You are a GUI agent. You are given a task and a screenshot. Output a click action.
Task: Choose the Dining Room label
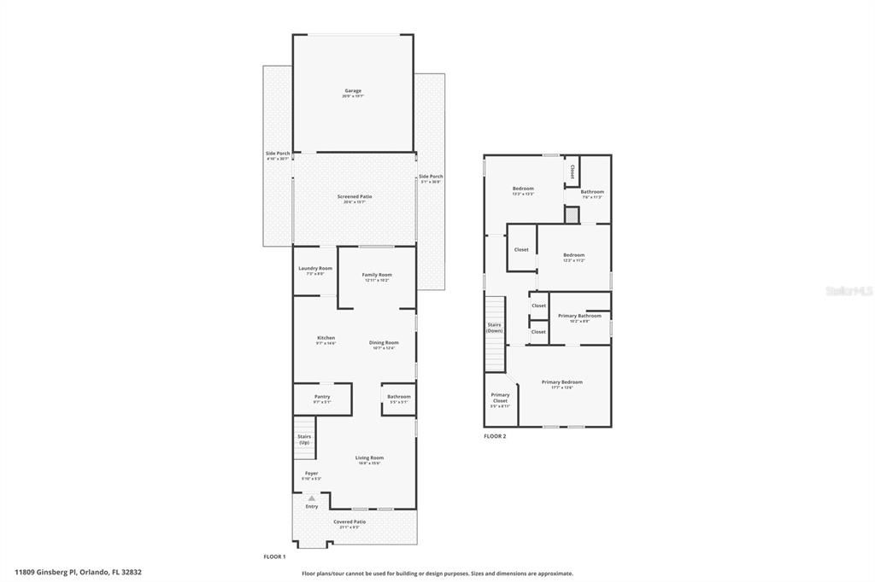pyautogui.click(x=384, y=345)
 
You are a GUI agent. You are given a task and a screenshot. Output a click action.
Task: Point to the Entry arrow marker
pyautogui.click(x=312, y=498)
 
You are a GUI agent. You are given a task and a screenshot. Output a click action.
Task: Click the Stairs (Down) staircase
pyautogui.click(x=496, y=329)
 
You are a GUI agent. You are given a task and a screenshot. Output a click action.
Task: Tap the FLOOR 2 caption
pyautogui.click(x=495, y=436)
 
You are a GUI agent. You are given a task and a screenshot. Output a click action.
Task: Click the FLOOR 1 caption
pyautogui.click(x=274, y=556)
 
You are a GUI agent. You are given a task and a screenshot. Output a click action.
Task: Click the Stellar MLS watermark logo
pyautogui.click(x=849, y=290)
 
